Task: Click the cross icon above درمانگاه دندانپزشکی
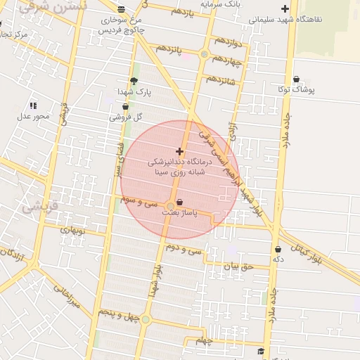pos(179,151)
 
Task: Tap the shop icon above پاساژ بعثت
pos(181,201)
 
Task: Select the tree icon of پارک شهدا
pos(134,82)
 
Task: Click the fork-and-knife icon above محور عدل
pos(32,105)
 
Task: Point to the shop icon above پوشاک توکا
pos(296,79)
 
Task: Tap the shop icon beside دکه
pos(278,249)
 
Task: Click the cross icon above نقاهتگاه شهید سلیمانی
pos(285,9)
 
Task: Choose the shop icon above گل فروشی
pos(126,107)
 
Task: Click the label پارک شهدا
pos(134,92)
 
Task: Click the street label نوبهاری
pos(72,230)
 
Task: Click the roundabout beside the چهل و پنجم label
pos(146,320)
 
